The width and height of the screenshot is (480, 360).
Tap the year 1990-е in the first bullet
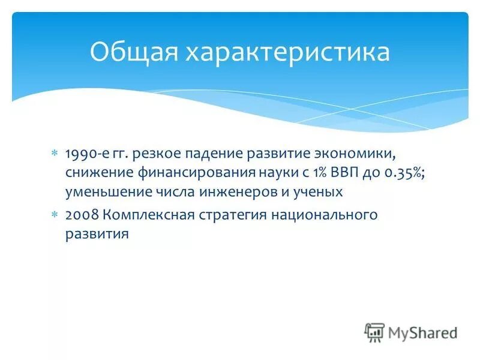[x=87, y=154]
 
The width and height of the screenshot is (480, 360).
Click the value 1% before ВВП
[x=319, y=173]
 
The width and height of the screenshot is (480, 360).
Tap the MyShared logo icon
[x=374, y=332]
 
